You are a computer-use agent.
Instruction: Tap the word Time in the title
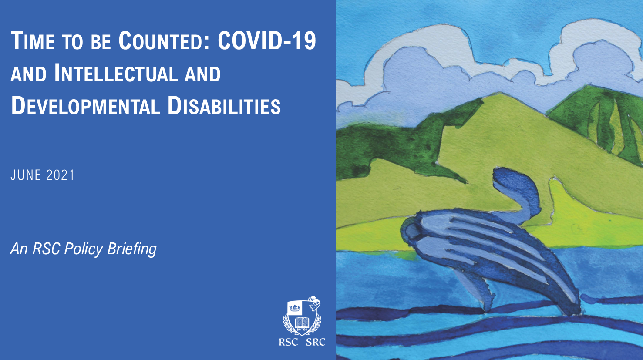[33, 40]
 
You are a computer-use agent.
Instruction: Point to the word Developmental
[85, 105]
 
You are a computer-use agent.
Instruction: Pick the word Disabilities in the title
[224, 105]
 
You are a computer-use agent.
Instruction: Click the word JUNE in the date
[26, 175]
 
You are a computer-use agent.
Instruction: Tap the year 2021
[60, 175]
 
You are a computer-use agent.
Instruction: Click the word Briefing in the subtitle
[132, 249]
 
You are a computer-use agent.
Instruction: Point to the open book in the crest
[302, 323]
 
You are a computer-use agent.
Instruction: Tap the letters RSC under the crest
[288, 342]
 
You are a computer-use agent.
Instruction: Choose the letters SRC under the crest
[316, 342]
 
